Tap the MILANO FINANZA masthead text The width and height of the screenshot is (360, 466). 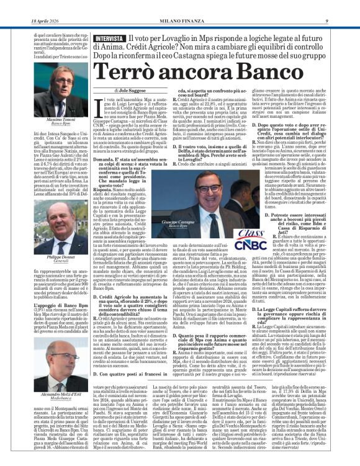(179, 6)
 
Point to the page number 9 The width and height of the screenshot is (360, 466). (343, 6)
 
